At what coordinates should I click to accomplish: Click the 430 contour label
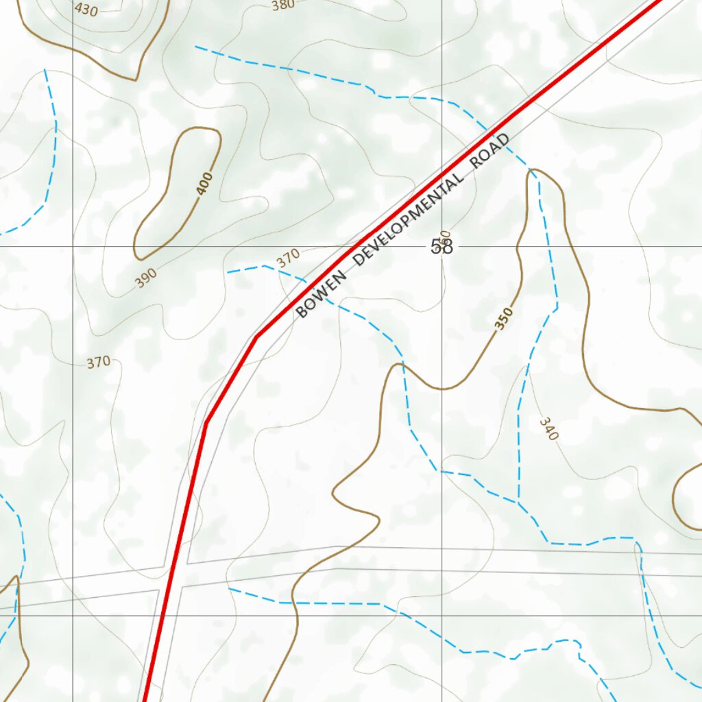pos(86,9)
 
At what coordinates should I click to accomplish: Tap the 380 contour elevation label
pos(282,5)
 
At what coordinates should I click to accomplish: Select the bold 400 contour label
pos(204,184)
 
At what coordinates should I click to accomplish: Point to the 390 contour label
pos(145,276)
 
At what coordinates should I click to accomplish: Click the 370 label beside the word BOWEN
pos(288,258)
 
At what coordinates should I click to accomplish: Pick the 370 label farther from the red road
pos(99,362)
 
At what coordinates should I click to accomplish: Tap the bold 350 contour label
pos(504,319)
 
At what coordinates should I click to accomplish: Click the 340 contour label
pos(548,429)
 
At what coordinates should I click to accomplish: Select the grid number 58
pos(442,247)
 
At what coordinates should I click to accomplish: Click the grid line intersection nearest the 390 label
pos(73,245)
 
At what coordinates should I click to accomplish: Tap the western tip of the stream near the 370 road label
pos(228,272)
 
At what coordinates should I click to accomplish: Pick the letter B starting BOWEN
pos(300,314)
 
